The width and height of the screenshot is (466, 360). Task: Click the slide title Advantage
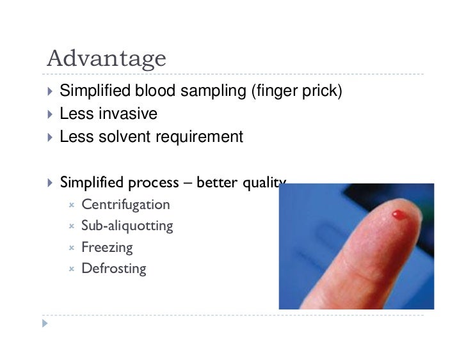tap(106, 59)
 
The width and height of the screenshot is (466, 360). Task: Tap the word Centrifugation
tap(125, 205)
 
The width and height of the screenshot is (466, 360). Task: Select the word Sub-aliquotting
tap(127, 226)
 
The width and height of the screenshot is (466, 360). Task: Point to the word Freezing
tap(107, 247)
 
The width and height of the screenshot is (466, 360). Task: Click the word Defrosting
tap(114, 269)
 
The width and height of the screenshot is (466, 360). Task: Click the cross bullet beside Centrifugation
tap(72, 205)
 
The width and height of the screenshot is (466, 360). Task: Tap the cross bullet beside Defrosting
tap(72, 269)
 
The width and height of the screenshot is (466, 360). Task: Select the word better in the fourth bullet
tap(216, 183)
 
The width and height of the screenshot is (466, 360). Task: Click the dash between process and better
tap(188, 184)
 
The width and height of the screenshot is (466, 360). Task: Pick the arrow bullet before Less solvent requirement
tap(51, 137)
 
